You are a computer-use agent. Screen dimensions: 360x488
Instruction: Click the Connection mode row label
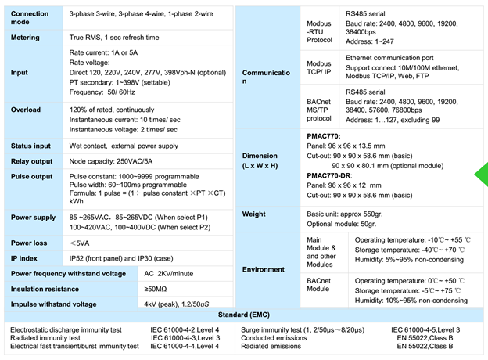(x=30, y=18)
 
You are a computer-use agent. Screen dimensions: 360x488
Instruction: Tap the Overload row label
(x=27, y=110)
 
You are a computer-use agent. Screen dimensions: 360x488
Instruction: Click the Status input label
(x=31, y=146)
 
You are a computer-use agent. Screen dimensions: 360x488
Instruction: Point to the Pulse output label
(x=32, y=177)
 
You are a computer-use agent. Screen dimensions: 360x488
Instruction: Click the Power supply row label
(x=34, y=216)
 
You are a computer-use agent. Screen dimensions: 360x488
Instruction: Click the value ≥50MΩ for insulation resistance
(x=156, y=289)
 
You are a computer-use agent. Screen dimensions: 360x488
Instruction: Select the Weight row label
(x=255, y=214)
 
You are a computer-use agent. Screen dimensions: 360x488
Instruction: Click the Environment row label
(x=264, y=269)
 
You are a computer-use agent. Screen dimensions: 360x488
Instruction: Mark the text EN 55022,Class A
(x=422, y=337)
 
